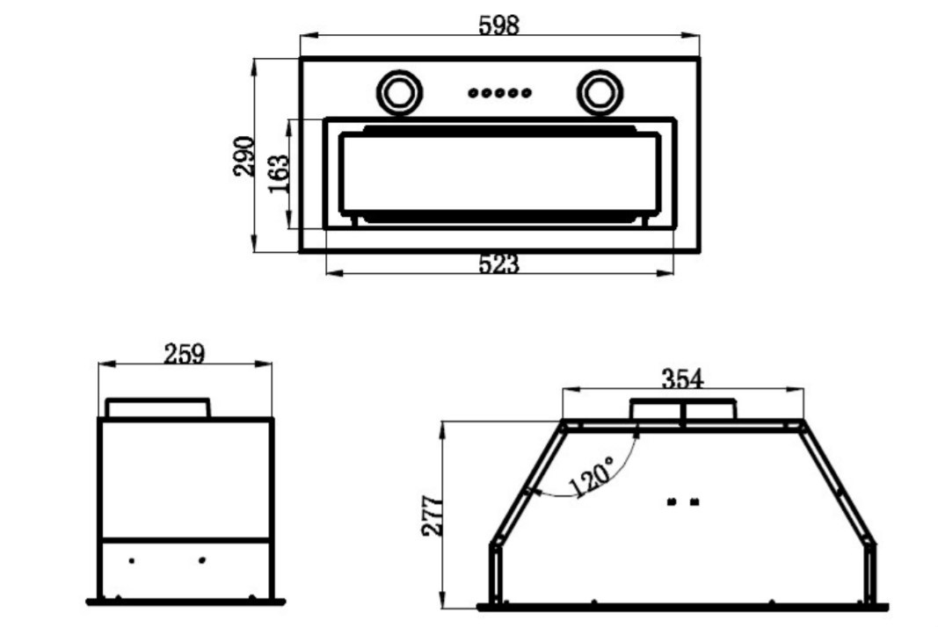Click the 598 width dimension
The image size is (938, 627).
tap(499, 25)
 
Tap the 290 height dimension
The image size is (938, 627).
tap(244, 156)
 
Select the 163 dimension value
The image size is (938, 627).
tap(279, 174)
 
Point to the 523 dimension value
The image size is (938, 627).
tap(499, 264)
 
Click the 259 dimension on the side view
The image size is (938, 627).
tap(185, 354)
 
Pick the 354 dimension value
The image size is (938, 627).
tap(682, 378)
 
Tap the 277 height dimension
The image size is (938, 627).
tap(433, 515)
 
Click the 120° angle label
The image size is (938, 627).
tap(591, 476)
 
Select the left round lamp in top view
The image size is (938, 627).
tap(400, 93)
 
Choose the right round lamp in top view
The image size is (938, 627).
tap(600, 93)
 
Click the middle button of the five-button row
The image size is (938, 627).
tap(499, 93)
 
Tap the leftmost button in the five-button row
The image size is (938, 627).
tap(473, 93)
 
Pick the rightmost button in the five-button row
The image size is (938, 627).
tap(526, 93)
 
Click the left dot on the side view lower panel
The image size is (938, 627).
tap(132, 560)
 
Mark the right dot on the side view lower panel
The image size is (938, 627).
tap(202, 560)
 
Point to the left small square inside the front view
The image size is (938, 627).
tap(672, 502)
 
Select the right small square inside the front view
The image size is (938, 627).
tap(694, 502)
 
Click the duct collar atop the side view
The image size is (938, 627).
tap(158, 407)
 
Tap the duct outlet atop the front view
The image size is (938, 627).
tap(683, 409)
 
